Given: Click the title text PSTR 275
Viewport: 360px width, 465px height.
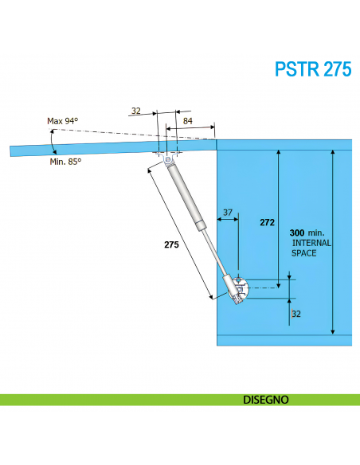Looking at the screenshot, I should [312, 69].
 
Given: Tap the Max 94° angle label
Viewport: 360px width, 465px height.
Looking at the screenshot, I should [63, 121].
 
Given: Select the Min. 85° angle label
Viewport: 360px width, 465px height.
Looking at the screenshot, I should [65, 161].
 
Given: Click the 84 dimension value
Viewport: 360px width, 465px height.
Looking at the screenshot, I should [188, 120].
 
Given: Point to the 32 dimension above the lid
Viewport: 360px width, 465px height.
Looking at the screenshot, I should [135, 111].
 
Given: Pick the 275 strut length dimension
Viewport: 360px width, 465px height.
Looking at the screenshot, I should [171, 245].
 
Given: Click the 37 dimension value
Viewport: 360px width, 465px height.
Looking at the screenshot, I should [228, 213].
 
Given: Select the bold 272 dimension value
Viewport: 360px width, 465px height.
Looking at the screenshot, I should [267, 223].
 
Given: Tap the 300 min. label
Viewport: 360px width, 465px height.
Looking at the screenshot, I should [307, 232].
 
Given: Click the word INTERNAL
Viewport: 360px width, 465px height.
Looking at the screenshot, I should [311, 243].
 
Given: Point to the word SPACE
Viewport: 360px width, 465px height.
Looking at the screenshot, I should [303, 253].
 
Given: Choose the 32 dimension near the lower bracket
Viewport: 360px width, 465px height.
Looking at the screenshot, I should [296, 315].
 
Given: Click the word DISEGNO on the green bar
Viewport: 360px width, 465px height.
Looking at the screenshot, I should [265, 400].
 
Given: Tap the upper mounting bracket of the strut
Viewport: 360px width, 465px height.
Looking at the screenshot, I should [168, 162].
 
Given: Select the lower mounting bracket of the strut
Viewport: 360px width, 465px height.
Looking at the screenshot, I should [240, 289].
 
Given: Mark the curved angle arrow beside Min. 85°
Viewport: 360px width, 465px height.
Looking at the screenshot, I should [53, 147].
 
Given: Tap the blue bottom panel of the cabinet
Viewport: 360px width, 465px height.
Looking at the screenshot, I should [284, 340].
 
